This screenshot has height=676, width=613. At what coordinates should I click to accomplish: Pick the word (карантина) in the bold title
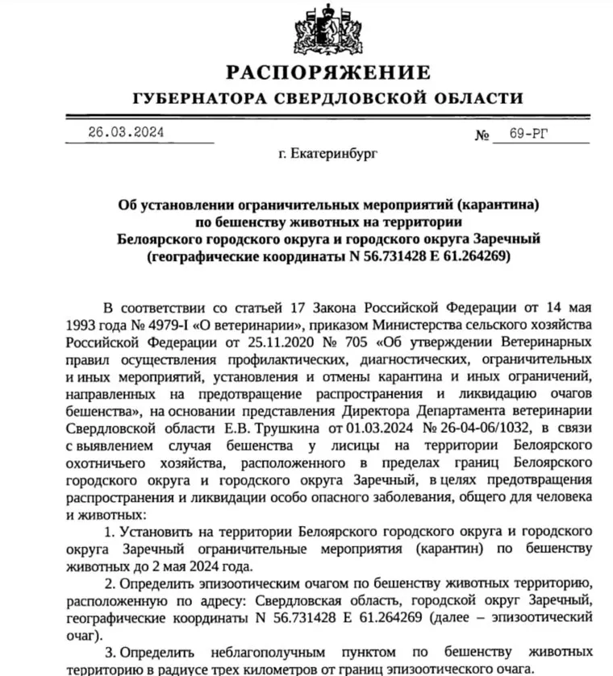488,204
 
